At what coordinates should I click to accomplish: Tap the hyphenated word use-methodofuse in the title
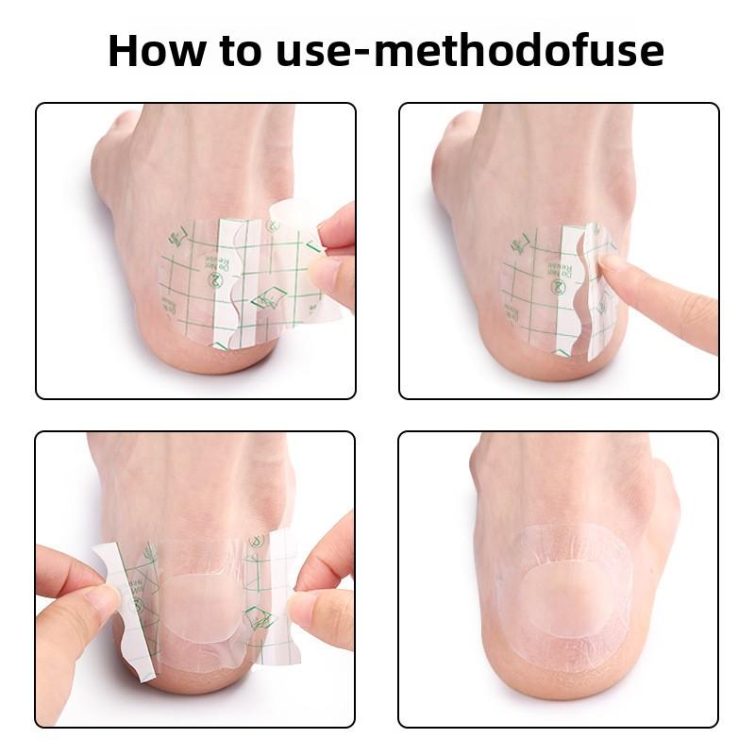pyautogui.click(x=469, y=51)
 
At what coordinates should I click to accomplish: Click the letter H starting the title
pyautogui.click(x=125, y=51)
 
